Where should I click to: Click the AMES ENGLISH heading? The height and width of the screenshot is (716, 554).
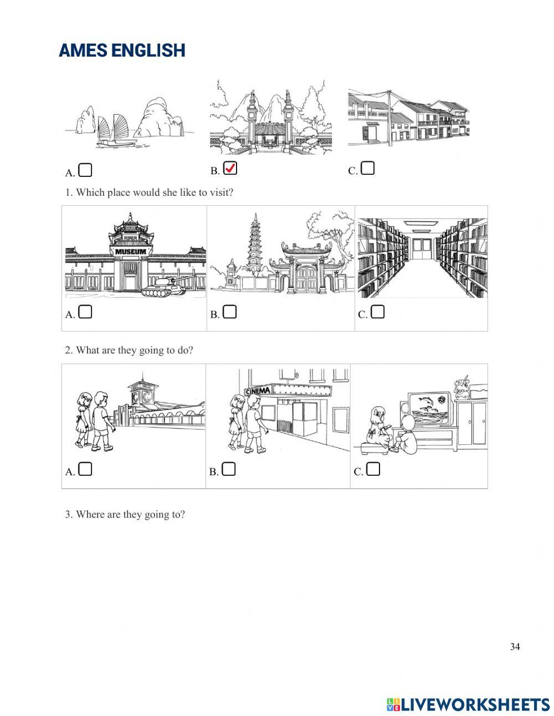pyautogui.click(x=122, y=50)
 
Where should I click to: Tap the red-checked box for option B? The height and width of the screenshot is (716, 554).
pyautogui.click(x=230, y=169)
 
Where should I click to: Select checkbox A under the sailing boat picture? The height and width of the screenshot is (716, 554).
pyautogui.click(x=85, y=170)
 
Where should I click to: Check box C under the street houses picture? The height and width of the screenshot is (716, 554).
pyautogui.click(x=367, y=168)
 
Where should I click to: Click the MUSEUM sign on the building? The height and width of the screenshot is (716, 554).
pyautogui.click(x=131, y=251)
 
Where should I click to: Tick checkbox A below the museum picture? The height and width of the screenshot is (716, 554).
pyautogui.click(x=85, y=312)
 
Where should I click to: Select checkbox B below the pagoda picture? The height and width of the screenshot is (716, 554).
pyautogui.click(x=229, y=312)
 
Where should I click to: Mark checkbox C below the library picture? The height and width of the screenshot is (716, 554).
pyautogui.click(x=377, y=312)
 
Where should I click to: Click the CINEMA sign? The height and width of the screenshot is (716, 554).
pyautogui.click(x=258, y=391)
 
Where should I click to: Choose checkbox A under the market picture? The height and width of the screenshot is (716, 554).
pyautogui.click(x=85, y=469)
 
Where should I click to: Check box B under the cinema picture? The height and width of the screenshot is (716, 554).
pyautogui.click(x=229, y=469)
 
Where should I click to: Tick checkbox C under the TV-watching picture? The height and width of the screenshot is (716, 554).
pyautogui.click(x=373, y=469)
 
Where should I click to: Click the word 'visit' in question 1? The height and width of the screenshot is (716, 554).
pyautogui.click(x=221, y=192)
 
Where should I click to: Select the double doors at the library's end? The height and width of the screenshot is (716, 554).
pyautogui.click(x=422, y=248)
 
